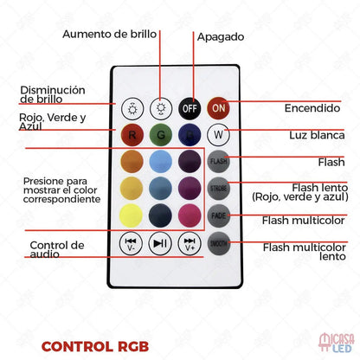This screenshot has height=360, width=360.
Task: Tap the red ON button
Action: [218, 108]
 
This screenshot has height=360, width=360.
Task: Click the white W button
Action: [218, 135]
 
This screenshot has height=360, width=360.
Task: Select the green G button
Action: [161, 135]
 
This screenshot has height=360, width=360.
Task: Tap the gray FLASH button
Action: [218, 161]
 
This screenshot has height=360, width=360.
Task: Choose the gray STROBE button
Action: [218, 189]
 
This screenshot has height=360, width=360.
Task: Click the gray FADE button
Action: [219, 215]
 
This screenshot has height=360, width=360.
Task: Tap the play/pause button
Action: [160, 243]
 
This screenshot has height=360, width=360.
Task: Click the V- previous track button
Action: [131, 243]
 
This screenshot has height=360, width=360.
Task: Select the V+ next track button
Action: [190, 243]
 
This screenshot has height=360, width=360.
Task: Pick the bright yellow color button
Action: [131, 215]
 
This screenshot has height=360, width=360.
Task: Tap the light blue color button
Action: [160, 161]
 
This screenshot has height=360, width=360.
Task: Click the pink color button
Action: [190, 215]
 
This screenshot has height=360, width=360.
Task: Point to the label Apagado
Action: [221, 37]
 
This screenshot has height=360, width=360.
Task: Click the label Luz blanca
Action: [317, 135]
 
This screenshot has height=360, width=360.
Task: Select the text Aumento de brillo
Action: [110, 34]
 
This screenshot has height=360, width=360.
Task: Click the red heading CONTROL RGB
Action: [95, 347]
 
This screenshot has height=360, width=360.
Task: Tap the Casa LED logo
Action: [337, 343]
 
